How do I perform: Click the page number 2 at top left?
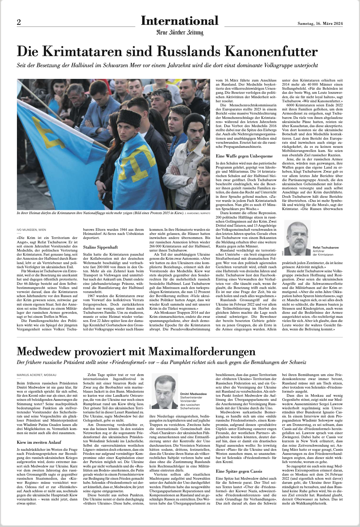tap(19, 23)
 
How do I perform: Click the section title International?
tap(179, 21)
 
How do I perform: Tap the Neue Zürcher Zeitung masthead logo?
tap(180, 32)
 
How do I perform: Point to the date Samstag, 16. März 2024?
tap(320, 24)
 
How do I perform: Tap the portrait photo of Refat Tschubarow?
tap(297, 238)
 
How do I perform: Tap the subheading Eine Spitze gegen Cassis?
tap(239, 471)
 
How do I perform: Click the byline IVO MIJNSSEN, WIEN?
tap(31, 230)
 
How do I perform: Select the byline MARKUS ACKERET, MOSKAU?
tap(37, 375)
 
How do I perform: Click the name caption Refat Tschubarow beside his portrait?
tap(326, 247)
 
